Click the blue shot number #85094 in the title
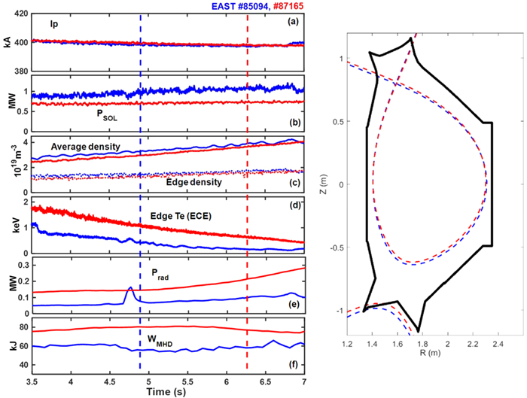(232, 6)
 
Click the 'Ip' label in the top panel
(56, 23)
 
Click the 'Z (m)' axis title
(322, 184)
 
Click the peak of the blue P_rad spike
(129, 287)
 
